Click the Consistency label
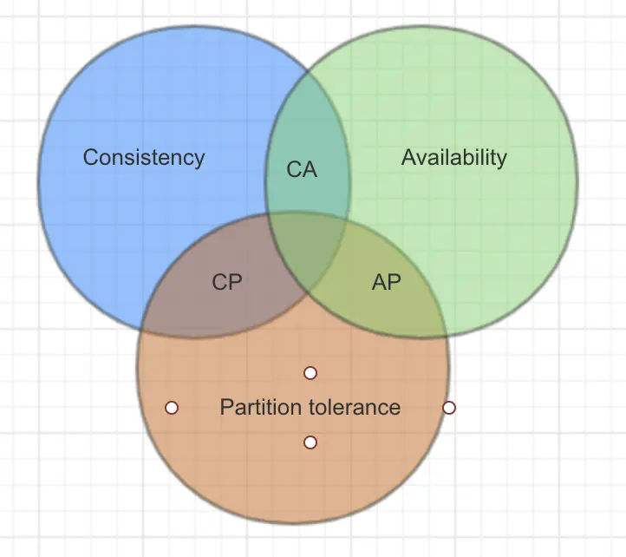pos(144,157)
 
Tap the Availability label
pos(453,157)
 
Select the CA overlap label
pos(302,169)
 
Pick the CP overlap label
pos(227,282)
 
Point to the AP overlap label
pos(387,282)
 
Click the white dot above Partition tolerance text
pos(310,373)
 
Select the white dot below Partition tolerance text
pos(310,442)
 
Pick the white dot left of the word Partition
pos(172,407)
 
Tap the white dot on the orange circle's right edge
pos(449,407)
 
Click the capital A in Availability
pos(408,157)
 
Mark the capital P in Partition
pos(226,407)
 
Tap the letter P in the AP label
pos(395,282)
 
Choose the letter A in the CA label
pos(310,169)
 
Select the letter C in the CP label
pos(219,282)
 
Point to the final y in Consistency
pos(199,160)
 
